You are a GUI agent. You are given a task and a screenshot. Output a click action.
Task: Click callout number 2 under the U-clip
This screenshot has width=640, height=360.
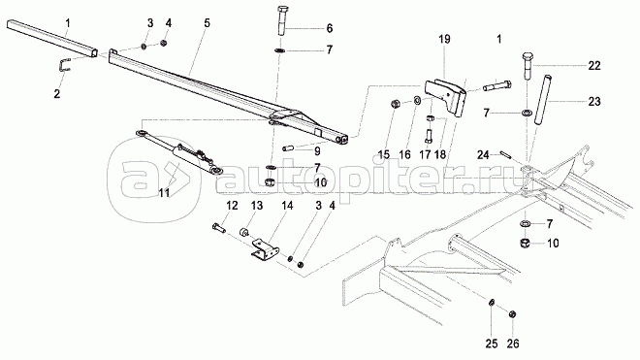pyautogui.click(x=57, y=93)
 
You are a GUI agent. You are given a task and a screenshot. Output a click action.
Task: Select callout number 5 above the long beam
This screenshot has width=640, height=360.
pyautogui.click(x=207, y=23)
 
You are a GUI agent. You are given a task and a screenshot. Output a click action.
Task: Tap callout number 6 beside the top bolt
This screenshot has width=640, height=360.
pyautogui.click(x=330, y=28)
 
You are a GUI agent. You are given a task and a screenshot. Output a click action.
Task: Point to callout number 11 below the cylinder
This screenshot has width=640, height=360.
pyautogui.click(x=164, y=192)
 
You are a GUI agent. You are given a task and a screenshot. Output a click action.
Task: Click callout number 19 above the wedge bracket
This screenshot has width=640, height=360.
pyautogui.click(x=444, y=39)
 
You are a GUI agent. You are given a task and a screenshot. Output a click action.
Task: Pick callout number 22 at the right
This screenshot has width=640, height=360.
pyautogui.click(x=594, y=65)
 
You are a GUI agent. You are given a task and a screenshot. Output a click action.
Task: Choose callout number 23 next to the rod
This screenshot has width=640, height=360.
pyautogui.click(x=594, y=101)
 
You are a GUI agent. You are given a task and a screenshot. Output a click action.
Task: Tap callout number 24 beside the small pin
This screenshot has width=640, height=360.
pyautogui.click(x=483, y=155)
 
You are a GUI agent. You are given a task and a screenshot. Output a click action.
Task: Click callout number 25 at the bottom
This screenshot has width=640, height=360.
pyautogui.click(x=492, y=344)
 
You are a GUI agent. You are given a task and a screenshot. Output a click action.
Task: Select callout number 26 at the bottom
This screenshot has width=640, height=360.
pyautogui.click(x=513, y=344)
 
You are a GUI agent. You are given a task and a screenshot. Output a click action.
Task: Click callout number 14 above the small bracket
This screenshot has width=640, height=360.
pyautogui.click(x=287, y=205)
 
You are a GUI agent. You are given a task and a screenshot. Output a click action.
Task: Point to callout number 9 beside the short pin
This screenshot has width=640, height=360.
pyautogui.click(x=317, y=151)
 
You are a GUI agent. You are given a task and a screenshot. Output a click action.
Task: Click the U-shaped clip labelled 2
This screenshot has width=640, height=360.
pyautogui.click(x=64, y=65)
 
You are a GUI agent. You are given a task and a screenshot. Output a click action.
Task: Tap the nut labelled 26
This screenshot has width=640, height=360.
pyautogui.click(x=513, y=313)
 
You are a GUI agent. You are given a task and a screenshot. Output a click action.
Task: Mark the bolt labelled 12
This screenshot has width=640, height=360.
pyautogui.click(x=218, y=227)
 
